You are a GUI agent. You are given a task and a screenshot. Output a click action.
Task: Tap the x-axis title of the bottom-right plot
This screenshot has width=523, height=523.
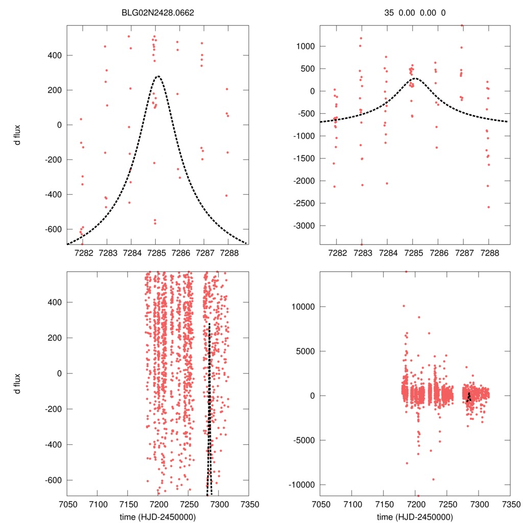414,517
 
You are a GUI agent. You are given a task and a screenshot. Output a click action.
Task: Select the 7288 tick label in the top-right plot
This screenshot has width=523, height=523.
489,253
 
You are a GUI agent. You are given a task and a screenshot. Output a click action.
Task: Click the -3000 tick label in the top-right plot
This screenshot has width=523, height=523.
305,226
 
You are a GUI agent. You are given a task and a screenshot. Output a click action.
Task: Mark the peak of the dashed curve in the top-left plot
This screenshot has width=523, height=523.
158,77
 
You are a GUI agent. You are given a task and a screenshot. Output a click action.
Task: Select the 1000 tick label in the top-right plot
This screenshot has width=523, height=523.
307,46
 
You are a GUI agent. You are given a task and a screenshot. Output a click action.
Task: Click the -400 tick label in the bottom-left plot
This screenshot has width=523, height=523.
53,444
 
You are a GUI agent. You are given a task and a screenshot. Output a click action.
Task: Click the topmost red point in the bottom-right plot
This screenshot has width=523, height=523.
406,271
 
